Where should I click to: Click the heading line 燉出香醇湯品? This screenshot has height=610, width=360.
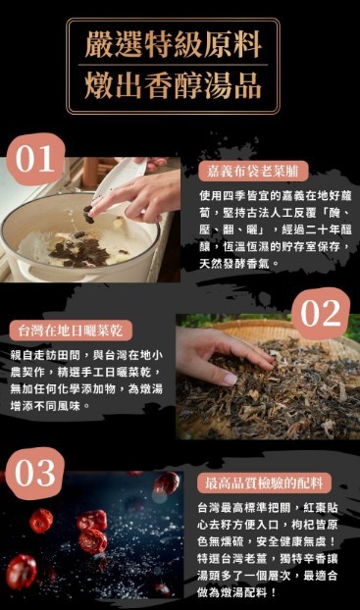[180, 85]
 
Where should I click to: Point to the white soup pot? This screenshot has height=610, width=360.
[69, 235]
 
